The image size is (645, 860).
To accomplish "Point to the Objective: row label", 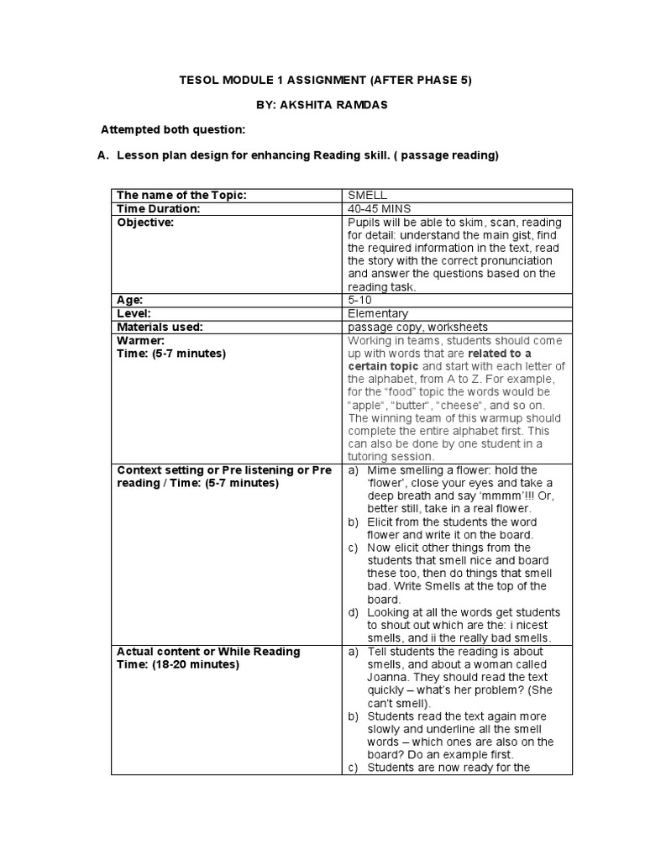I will [x=145, y=222].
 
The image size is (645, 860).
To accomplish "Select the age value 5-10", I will [x=359, y=300].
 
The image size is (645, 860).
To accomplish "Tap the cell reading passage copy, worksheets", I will [x=417, y=327].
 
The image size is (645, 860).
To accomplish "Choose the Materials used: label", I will [x=160, y=327].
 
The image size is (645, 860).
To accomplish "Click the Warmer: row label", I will [x=140, y=340].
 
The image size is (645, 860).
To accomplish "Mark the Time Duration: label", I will [x=159, y=208].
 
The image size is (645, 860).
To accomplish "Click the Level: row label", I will [x=134, y=313].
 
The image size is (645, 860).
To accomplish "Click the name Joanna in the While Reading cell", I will [x=387, y=677].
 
